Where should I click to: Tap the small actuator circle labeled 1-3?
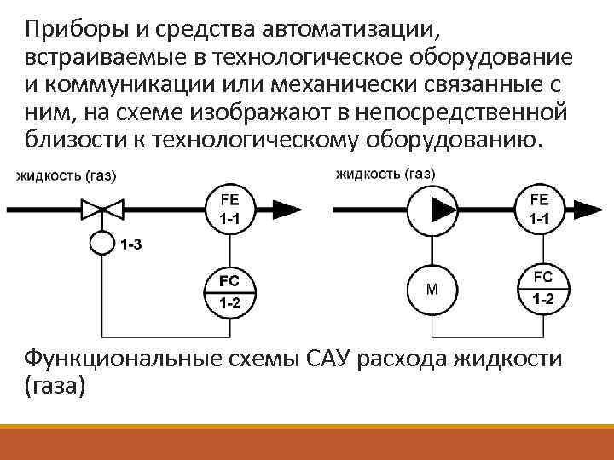[101, 243]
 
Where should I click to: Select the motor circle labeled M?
[432, 288]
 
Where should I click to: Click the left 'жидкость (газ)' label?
[66, 176]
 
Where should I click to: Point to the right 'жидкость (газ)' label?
[385, 174]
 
